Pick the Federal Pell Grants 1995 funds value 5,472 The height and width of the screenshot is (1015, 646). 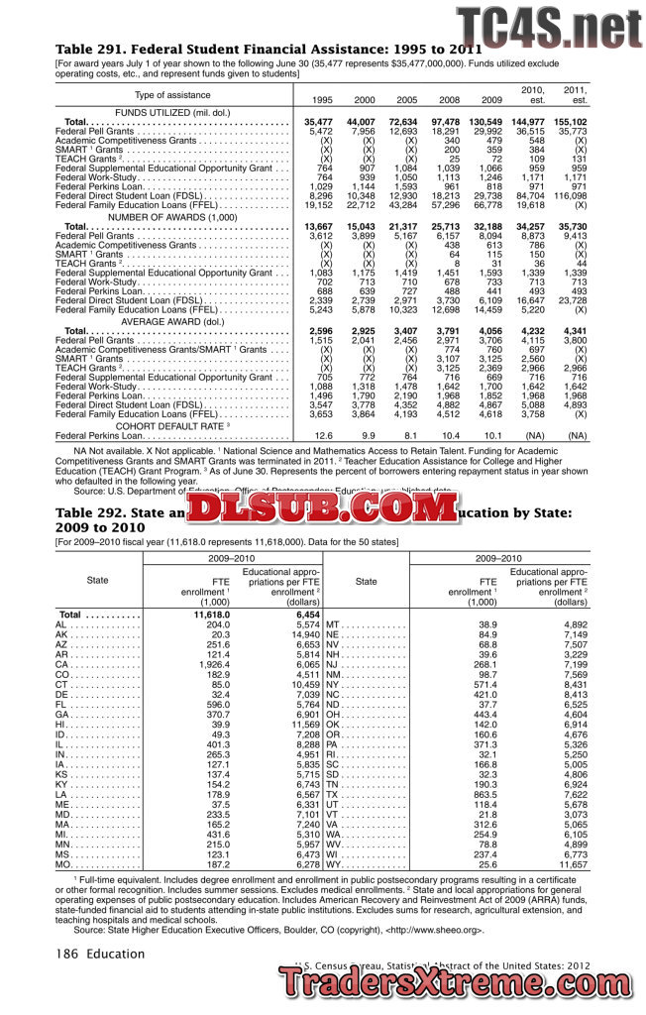320,131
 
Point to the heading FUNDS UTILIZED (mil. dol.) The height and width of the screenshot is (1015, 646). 174,111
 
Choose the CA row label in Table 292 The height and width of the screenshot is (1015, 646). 61,663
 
